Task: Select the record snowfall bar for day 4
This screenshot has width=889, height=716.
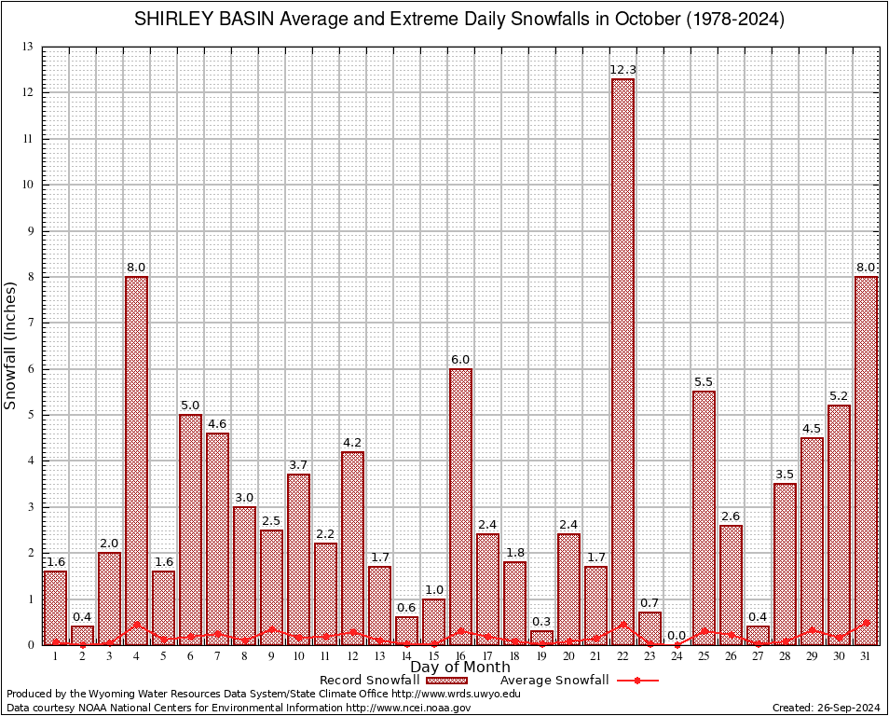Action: pos(136,461)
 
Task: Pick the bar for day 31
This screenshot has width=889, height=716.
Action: pos(866,461)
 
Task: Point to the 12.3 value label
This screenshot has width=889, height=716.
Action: pos(622,70)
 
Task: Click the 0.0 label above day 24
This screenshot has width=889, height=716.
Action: pos(677,636)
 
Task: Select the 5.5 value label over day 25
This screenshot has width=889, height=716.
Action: pos(704,382)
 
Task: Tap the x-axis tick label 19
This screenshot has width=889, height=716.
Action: pos(541,656)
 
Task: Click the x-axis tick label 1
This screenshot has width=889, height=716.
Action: pos(55,656)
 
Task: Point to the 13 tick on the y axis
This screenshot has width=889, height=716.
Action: pos(28,47)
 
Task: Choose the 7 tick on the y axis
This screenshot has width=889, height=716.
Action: pos(31,323)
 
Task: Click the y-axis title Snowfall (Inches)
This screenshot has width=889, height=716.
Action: pos(11,345)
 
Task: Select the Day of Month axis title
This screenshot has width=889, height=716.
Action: pos(459,667)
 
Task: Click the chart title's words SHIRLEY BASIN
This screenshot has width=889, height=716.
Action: pos(198,19)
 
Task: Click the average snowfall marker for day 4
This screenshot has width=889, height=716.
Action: pos(136,625)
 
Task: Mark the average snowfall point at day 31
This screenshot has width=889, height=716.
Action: pos(866,622)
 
